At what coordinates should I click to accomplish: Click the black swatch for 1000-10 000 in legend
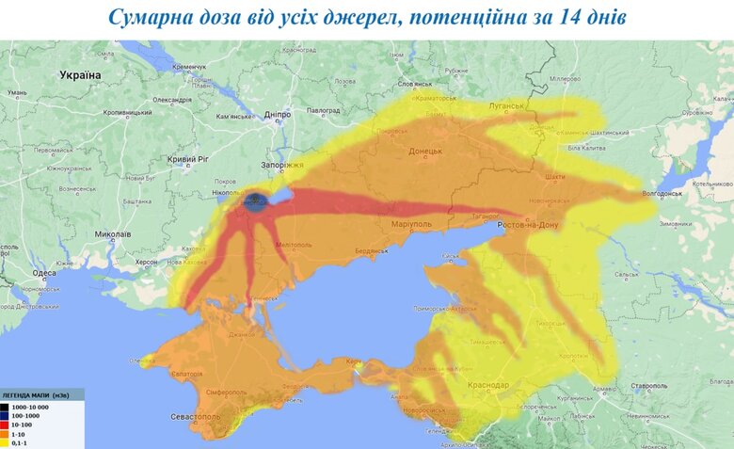(8, 404)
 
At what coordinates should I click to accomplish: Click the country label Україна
(79, 74)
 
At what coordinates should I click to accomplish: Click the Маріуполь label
(410, 225)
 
